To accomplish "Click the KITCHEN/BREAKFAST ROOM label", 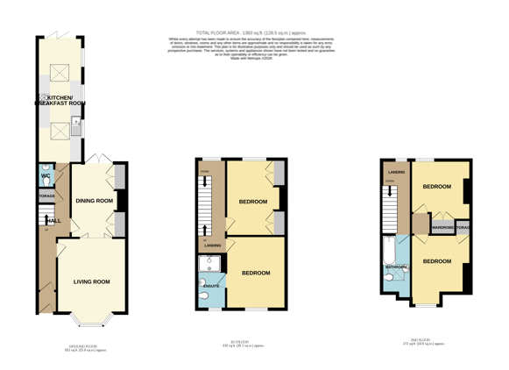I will [60, 100].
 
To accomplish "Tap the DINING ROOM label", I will [94, 201].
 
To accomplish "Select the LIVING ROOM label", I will [91, 281].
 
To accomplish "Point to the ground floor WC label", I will [46, 176].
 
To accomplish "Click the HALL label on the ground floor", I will [53, 221].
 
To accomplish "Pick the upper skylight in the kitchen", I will [60, 73].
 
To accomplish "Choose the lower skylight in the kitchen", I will [60, 131].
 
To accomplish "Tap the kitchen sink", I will [76, 129].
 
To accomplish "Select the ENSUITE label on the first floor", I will [211, 286].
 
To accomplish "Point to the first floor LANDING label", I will [213, 245].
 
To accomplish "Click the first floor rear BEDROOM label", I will [253, 203].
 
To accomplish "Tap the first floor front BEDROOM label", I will [256, 273].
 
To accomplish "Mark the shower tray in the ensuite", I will [211, 264].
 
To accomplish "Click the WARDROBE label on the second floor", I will [442, 228].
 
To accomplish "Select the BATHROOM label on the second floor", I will [396, 267].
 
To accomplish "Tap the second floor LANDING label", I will [396, 172].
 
